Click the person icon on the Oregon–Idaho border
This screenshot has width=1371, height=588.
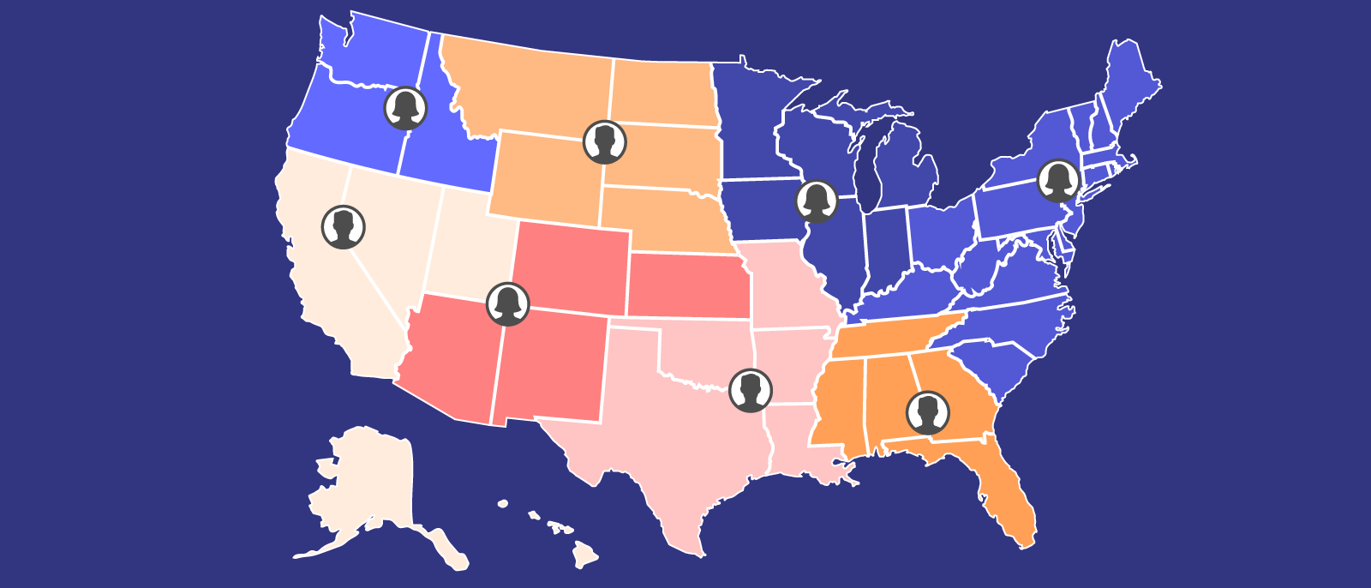405,108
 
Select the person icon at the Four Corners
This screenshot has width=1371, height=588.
508,303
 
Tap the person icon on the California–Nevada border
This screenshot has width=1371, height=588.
344,227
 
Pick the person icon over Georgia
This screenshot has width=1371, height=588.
927,412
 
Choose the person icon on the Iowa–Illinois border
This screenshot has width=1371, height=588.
817,201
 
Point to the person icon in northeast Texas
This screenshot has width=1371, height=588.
751,391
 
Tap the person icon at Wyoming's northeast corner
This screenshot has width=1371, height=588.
605,142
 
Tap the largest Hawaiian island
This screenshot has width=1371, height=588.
586,557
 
